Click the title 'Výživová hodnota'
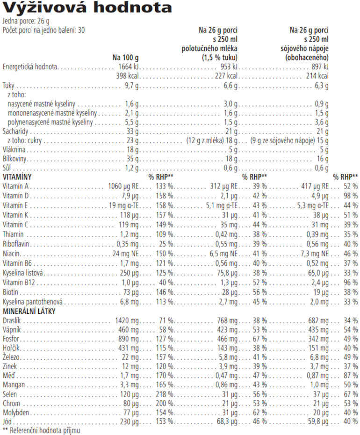87,8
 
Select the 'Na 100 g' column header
126,58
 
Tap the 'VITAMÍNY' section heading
17,177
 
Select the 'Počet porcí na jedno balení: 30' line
44,30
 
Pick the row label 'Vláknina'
14,150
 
